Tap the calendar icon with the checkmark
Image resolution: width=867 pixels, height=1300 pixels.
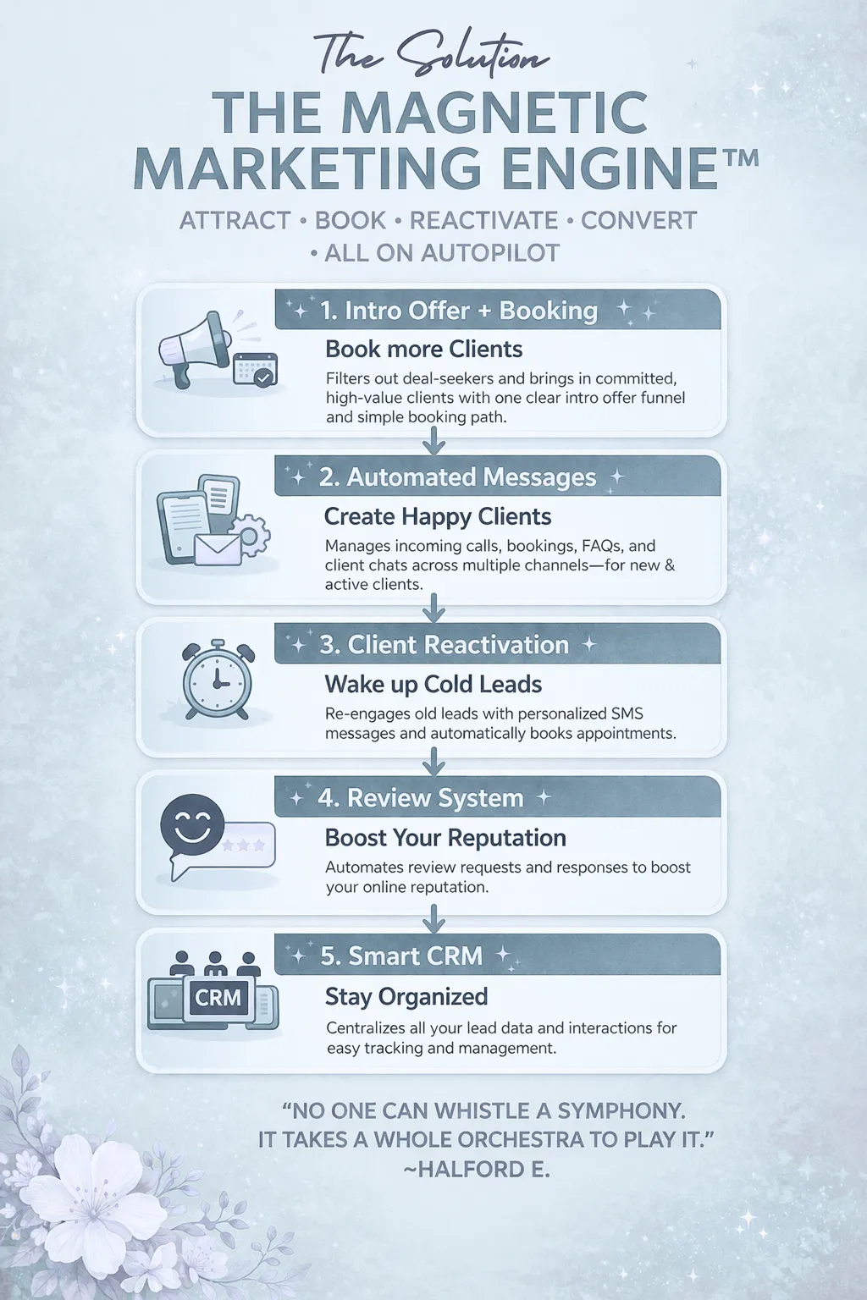point(256,369)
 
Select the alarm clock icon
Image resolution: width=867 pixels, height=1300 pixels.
point(218,680)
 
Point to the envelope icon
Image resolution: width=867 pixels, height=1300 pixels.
point(218,549)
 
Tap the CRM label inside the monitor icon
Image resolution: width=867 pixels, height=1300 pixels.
point(218,997)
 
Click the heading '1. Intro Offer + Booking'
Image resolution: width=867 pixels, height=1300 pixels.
point(459,311)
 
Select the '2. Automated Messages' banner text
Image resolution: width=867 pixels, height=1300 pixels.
point(457,477)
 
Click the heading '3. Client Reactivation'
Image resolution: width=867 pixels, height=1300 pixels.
point(445,645)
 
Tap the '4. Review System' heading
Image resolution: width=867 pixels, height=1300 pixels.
point(421,798)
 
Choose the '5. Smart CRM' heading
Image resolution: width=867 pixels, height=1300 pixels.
point(401,956)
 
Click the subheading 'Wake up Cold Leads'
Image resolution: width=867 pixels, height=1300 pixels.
point(433,684)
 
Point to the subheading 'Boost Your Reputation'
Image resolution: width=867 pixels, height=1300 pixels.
point(445,837)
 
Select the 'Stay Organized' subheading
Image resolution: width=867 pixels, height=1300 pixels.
point(406,996)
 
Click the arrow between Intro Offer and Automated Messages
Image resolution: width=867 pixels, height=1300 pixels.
point(433,441)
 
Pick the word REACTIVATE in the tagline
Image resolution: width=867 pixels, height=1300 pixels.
point(483,221)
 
